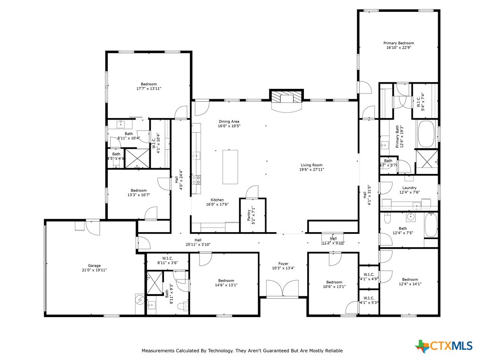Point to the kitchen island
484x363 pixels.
pos(231,166)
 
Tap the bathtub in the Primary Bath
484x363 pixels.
pos(426,134)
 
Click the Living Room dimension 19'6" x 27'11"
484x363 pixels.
pos(312,169)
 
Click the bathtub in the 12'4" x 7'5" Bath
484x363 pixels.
pos(431,226)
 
